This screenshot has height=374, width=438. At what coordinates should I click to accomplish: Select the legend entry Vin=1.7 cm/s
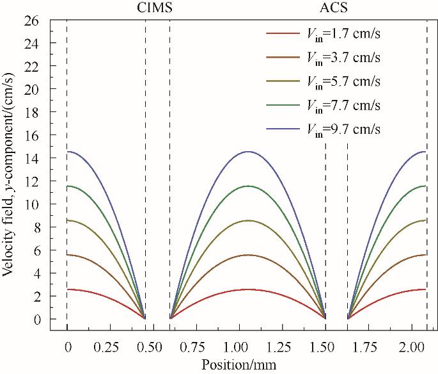343,33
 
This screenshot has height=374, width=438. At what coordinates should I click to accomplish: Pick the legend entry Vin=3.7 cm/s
343,57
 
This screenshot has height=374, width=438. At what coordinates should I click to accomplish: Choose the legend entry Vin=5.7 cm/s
343,81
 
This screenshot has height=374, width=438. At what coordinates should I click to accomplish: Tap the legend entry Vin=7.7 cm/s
343,105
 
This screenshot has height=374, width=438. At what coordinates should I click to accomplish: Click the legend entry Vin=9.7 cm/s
343,129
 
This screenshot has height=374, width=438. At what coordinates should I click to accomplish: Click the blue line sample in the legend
282,129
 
